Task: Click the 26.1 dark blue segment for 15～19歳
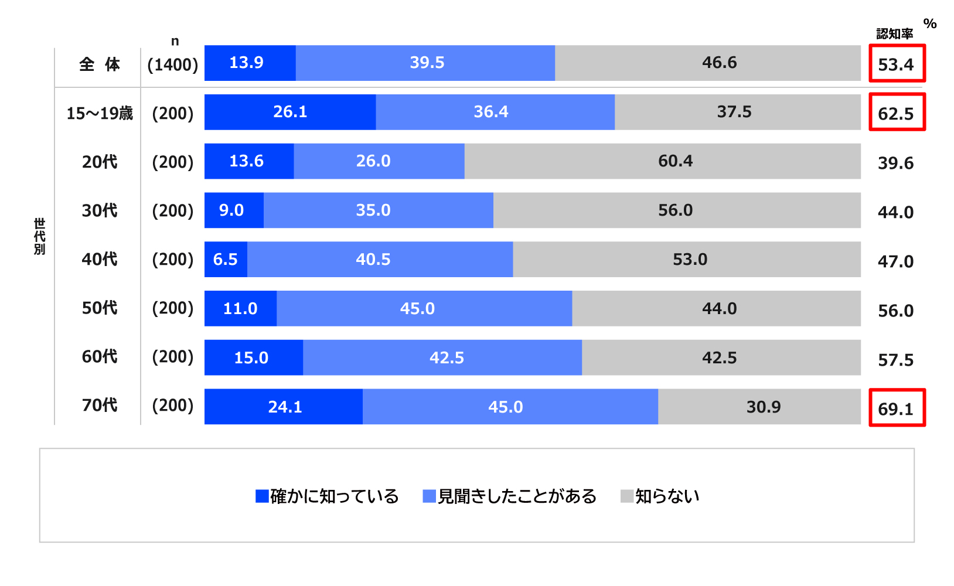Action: point(290,112)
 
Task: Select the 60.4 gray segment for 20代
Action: point(662,161)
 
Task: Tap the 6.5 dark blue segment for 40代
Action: point(226,260)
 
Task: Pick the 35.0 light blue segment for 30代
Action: point(378,210)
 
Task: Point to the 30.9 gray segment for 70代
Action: point(759,407)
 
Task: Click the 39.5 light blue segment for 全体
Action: point(425,63)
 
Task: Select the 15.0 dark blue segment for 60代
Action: point(253,357)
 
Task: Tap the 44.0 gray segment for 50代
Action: point(716,309)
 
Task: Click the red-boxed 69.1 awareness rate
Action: point(897,408)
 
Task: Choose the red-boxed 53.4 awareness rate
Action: point(897,64)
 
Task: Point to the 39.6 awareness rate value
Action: point(895,163)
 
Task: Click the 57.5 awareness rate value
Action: point(895,360)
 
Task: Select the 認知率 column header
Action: point(894,34)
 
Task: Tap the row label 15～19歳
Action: point(100,113)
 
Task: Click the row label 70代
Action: point(100,405)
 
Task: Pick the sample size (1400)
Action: point(173,64)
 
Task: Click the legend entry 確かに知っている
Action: point(327,496)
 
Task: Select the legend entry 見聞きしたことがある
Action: point(509,496)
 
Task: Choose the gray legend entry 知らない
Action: point(660,496)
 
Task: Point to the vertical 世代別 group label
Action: point(39,236)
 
